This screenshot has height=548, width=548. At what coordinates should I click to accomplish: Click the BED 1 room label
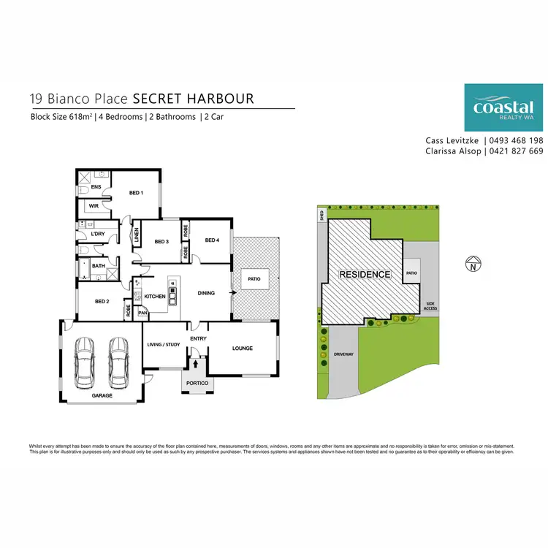(x=136, y=193)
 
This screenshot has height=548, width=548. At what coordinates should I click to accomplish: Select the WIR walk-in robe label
(x=94, y=206)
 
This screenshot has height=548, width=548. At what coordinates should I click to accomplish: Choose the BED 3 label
(x=161, y=241)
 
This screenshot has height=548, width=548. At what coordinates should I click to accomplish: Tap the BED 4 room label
(x=212, y=240)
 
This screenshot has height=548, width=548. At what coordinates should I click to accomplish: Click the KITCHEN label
(x=155, y=296)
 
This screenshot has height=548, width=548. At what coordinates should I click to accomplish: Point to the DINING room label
(x=206, y=293)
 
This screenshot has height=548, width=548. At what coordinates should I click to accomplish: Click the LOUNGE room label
(x=242, y=348)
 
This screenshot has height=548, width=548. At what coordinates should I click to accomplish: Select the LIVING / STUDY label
(x=164, y=344)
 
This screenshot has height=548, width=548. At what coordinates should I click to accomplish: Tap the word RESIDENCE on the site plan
(x=365, y=275)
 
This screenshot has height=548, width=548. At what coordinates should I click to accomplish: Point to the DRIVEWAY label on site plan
(x=343, y=353)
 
